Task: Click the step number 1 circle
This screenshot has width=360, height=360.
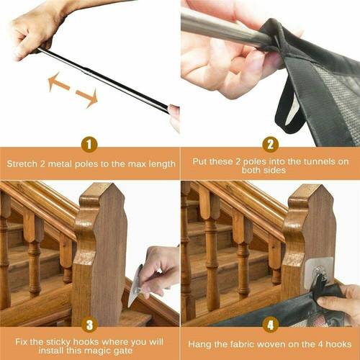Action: pos(89,145)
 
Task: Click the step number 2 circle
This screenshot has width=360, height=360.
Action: pos(270,145)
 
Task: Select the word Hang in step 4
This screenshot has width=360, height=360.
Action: pos(198,343)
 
